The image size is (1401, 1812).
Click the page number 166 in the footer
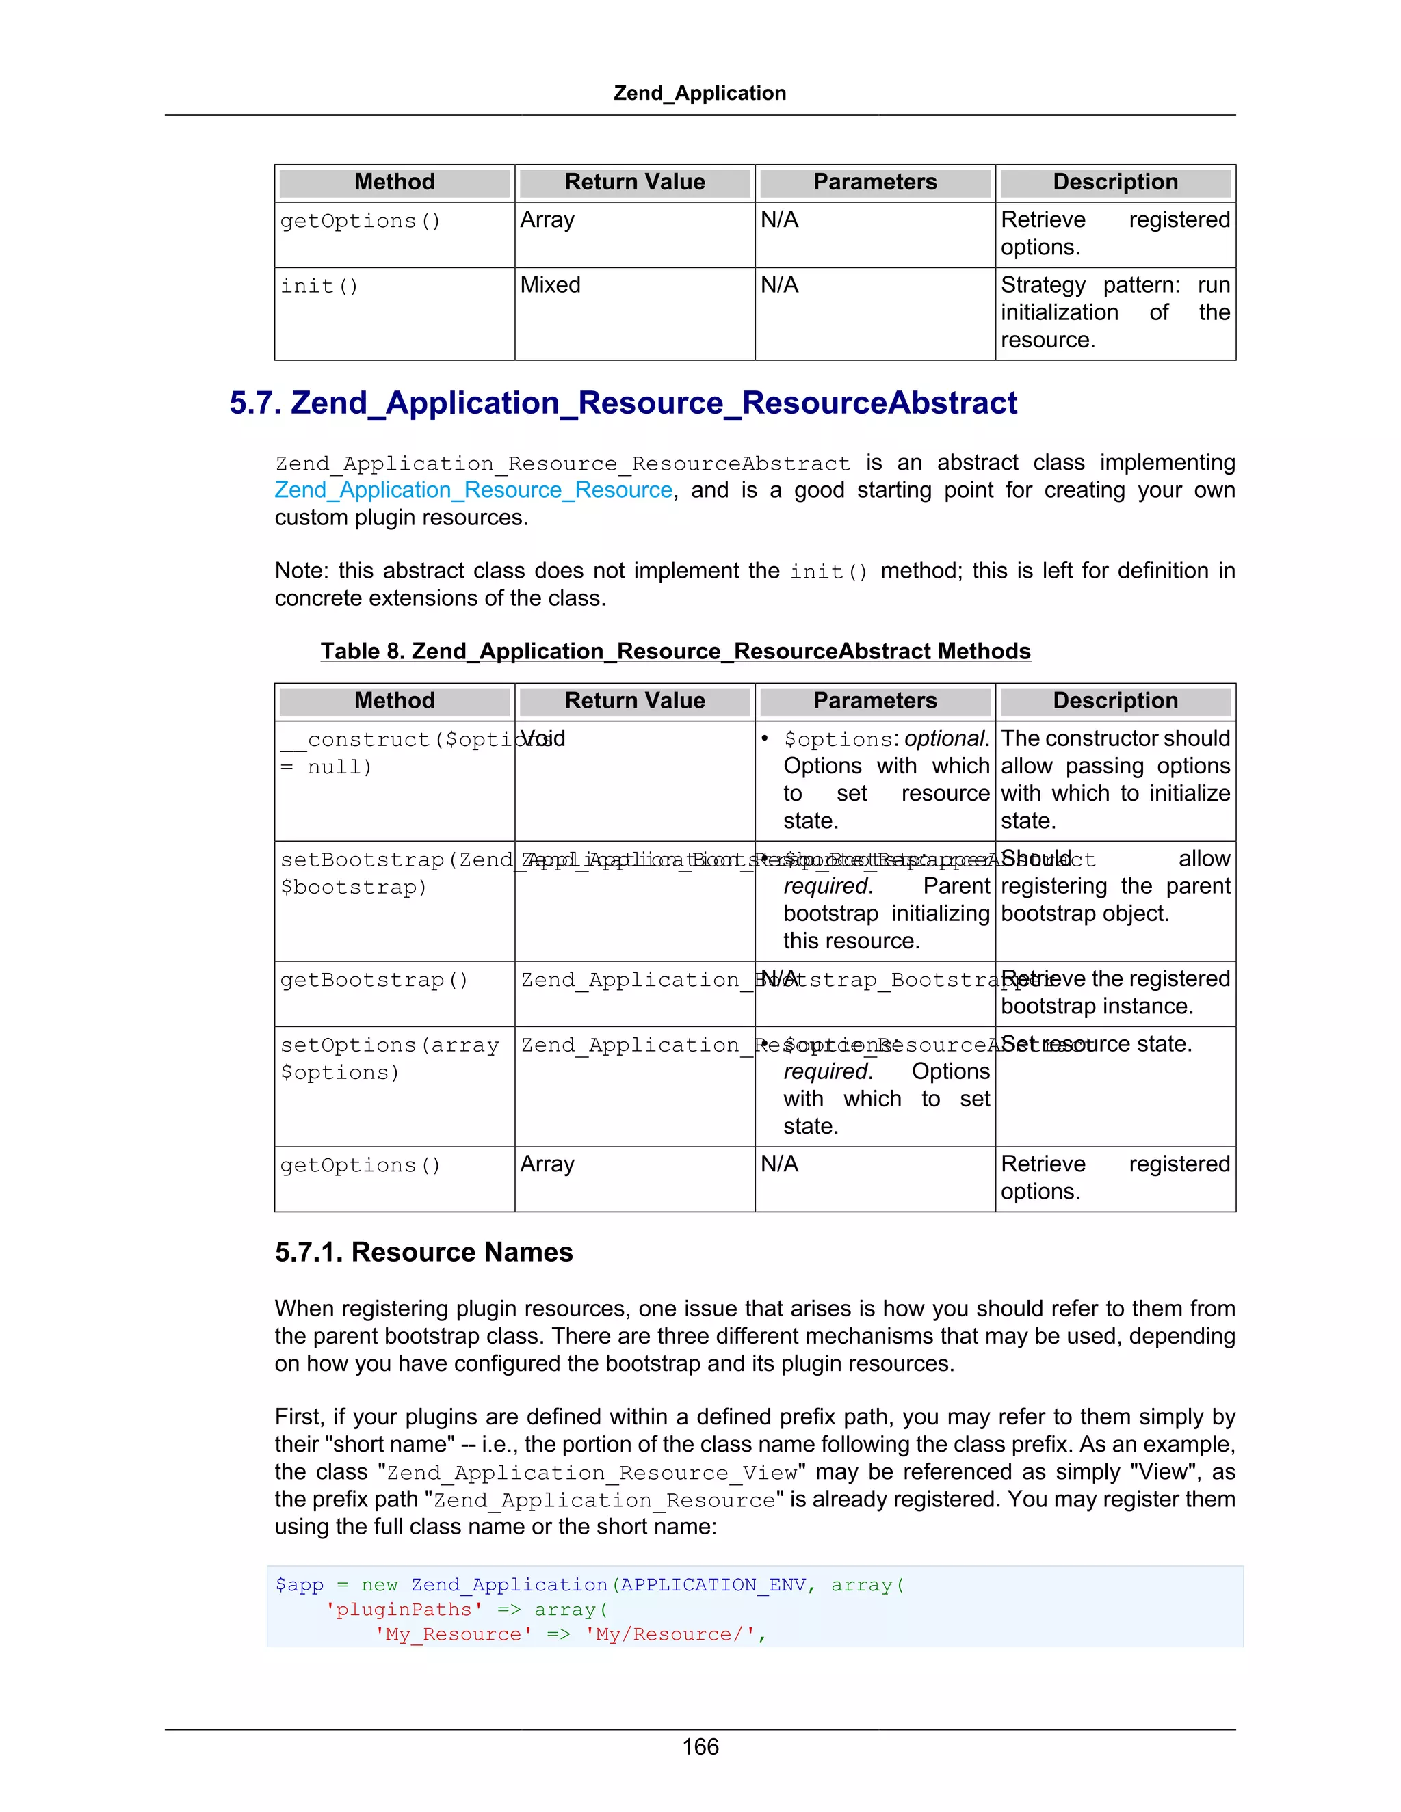click(x=700, y=1746)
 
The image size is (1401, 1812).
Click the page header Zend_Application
click(x=700, y=93)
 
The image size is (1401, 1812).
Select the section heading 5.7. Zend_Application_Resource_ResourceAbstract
click(x=623, y=403)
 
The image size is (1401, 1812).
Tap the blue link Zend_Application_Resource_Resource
click(x=473, y=490)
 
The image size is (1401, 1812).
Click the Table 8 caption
click(x=676, y=651)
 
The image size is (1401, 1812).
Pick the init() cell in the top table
click(x=319, y=287)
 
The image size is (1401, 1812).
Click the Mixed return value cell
click(x=550, y=285)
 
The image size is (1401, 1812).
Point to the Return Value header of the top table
click(x=635, y=183)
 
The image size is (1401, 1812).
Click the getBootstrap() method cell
click(x=374, y=980)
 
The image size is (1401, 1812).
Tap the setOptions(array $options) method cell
click(x=389, y=1058)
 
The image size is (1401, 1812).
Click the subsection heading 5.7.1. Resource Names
click(x=423, y=1252)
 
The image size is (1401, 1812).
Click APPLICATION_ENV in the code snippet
click(x=713, y=1585)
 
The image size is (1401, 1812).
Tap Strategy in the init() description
click(x=1043, y=285)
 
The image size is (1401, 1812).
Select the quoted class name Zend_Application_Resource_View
click(x=592, y=1473)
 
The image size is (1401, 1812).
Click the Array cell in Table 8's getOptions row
click(x=547, y=1164)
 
